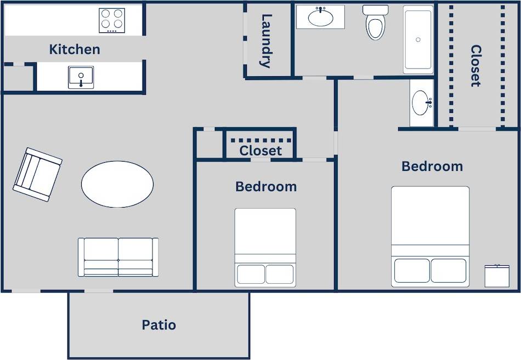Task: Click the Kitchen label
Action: (x=75, y=49)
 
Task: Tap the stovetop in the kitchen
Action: (x=112, y=20)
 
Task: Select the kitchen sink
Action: (x=81, y=77)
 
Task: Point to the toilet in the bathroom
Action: (x=376, y=24)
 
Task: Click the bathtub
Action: (x=418, y=40)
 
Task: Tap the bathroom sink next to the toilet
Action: (x=321, y=17)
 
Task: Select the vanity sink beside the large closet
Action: (x=422, y=102)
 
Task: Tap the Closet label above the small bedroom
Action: (x=260, y=151)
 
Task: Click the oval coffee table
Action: (x=117, y=184)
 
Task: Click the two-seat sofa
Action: (x=118, y=257)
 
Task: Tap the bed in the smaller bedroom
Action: (x=265, y=247)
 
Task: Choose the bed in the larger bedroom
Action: (x=431, y=237)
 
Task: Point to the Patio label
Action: (x=159, y=325)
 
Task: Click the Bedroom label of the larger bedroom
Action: (x=432, y=166)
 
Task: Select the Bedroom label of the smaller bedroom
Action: (x=266, y=186)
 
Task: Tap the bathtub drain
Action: (x=418, y=39)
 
